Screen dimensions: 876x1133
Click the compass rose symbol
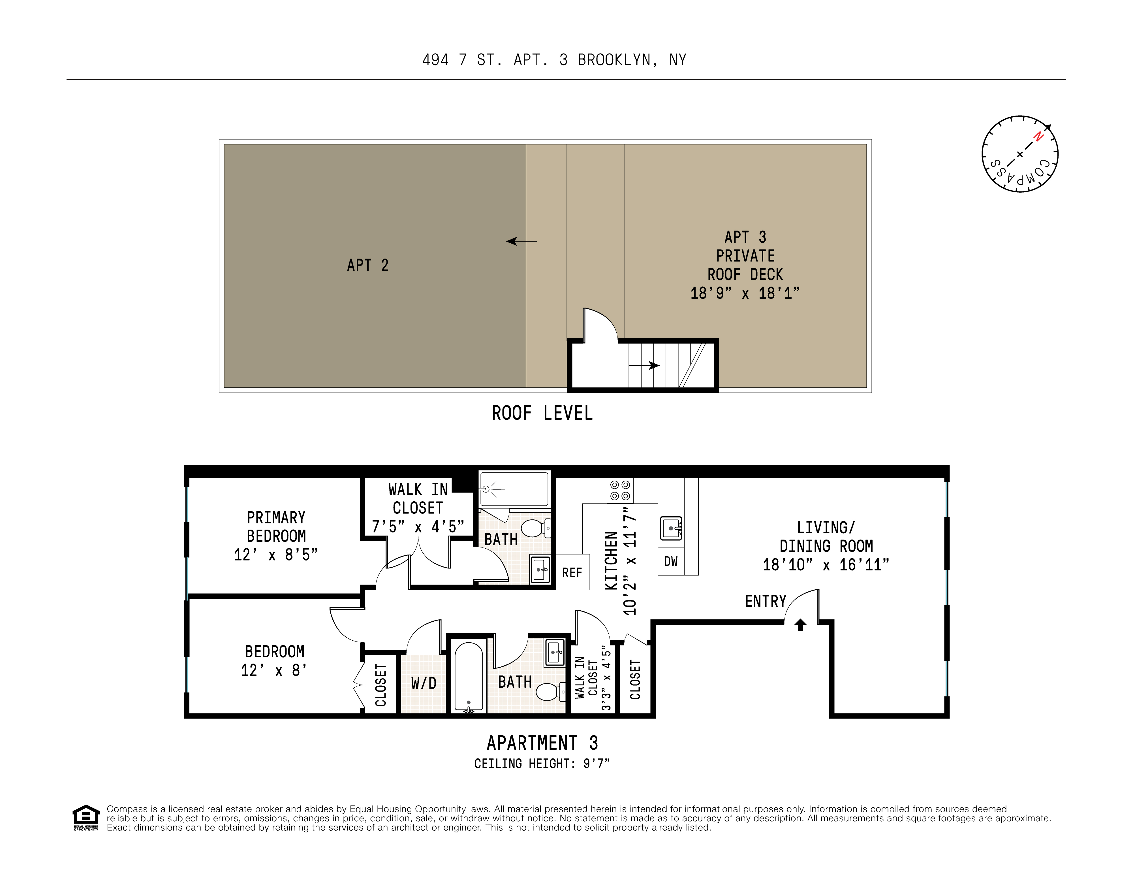[1019, 154]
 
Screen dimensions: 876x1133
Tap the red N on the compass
[1038, 137]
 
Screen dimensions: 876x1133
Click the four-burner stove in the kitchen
[620, 491]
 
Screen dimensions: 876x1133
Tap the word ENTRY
[766, 602]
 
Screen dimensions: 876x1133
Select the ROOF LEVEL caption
[542, 414]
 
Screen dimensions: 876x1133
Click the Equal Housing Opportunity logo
[85, 817]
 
